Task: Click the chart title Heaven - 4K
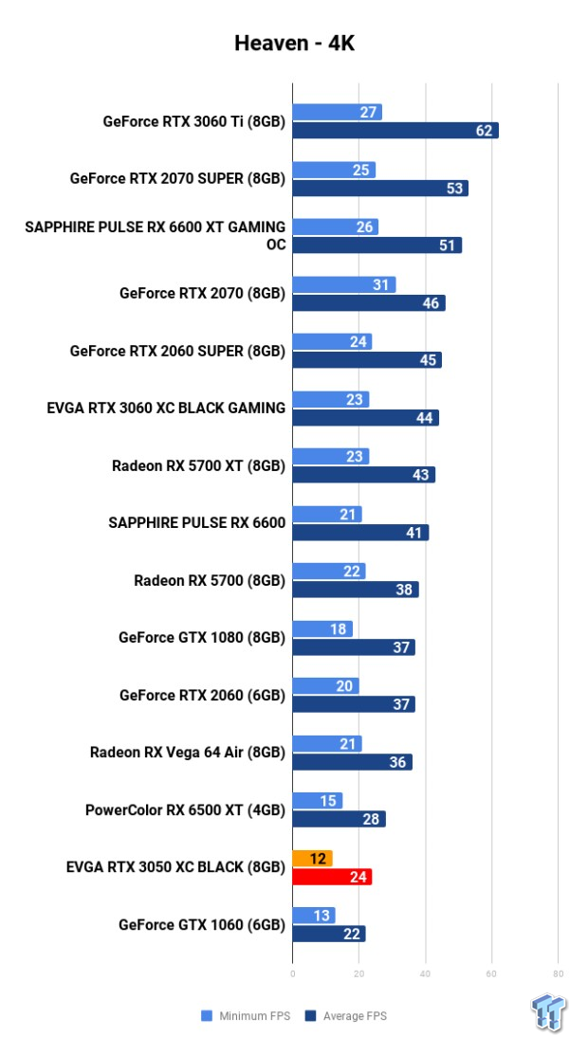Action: tap(294, 44)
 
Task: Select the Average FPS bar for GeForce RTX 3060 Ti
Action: tap(395, 131)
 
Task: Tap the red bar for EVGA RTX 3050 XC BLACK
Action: tap(332, 878)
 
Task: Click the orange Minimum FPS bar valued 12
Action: tap(312, 859)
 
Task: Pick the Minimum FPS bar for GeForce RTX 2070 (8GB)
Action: tap(343, 284)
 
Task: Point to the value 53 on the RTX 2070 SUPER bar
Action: tap(455, 189)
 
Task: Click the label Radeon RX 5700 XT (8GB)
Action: tap(198, 465)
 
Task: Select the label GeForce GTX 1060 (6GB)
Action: tap(202, 924)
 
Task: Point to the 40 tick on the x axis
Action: tap(425, 973)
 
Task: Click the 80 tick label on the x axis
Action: tap(558, 973)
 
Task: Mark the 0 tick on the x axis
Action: tap(293, 973)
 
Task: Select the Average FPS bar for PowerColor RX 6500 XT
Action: tap(339, 820)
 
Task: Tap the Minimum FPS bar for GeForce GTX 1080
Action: tap(322, 628)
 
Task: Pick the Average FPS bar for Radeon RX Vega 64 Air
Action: tap(352, 762)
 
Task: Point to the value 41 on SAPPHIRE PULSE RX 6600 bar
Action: tap(414, 533)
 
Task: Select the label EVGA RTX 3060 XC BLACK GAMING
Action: tap(166, 408)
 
